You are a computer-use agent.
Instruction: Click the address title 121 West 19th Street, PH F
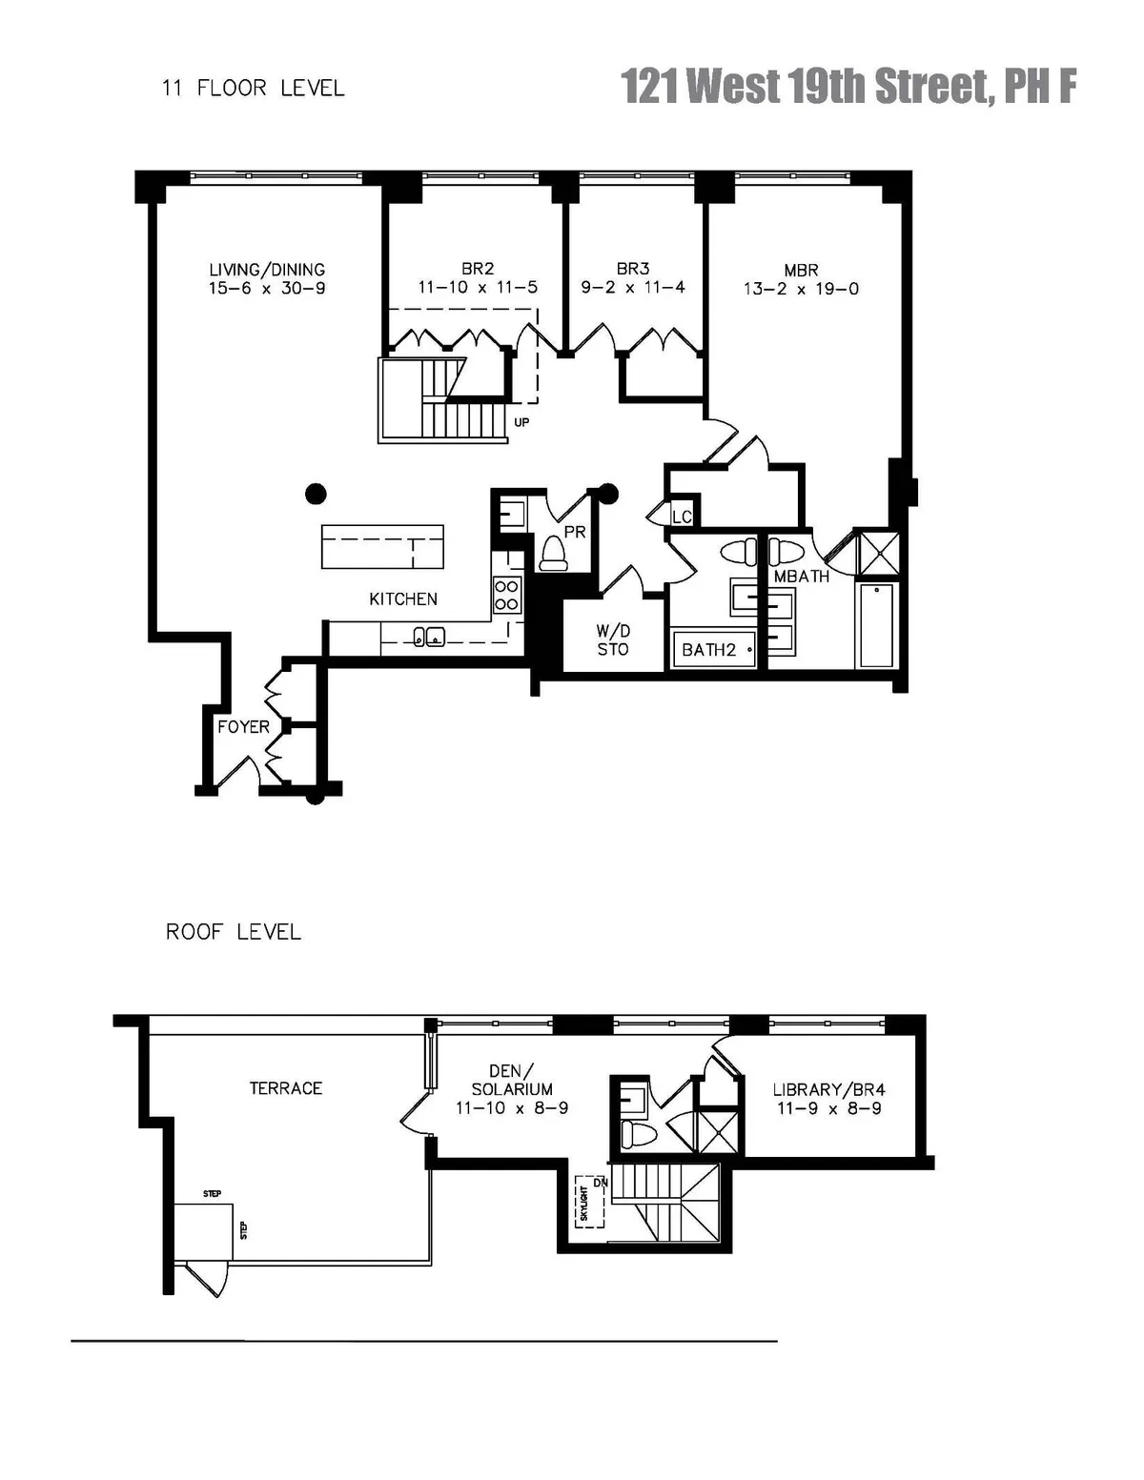(848, 87)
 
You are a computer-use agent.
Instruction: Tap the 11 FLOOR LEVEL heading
(253, 89)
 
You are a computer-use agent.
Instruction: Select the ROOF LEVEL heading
(234, 932)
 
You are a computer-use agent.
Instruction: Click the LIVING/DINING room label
(267, 270)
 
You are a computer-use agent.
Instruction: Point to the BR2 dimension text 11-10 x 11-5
(478, 288)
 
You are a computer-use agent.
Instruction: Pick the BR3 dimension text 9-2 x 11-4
(633, 288)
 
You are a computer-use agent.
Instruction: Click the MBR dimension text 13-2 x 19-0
(801, 289)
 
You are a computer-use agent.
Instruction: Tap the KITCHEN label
(403, 598)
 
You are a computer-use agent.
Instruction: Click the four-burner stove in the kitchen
(506, 596)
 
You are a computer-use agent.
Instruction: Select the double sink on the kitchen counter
(427, 637)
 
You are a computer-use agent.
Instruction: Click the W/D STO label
(613, 640)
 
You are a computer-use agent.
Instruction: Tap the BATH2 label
(708, 650)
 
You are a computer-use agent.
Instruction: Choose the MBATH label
(801, 577)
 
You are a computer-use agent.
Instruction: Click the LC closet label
(682, 517)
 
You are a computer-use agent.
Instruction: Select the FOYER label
(243, 727)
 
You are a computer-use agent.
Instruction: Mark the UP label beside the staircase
(521, 422)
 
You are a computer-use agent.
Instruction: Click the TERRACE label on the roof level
(286, 1088)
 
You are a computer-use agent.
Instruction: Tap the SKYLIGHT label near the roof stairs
(584, 1203)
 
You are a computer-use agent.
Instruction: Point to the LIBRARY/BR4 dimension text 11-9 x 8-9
(829, 1108)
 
